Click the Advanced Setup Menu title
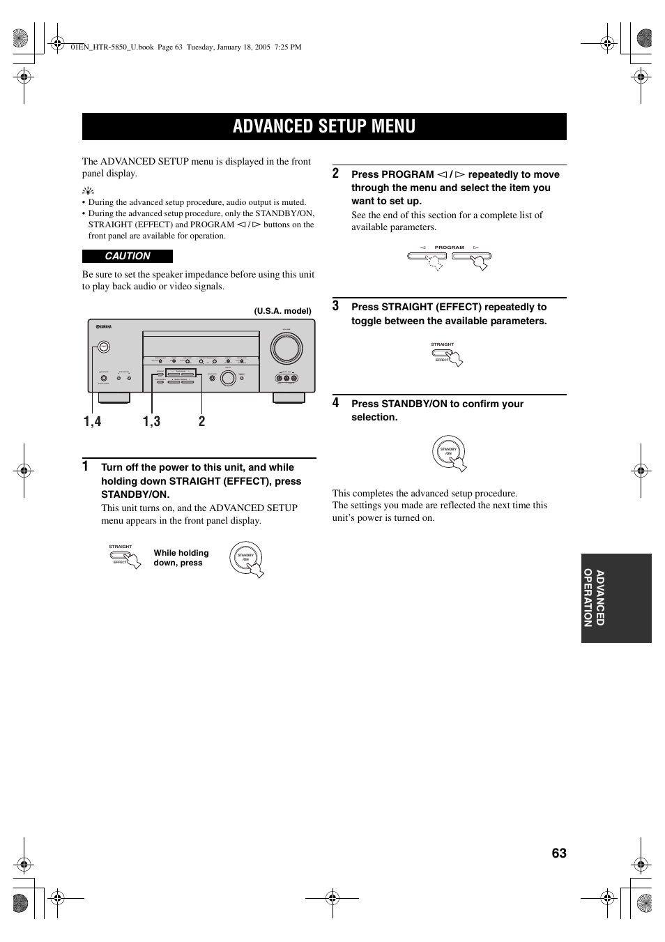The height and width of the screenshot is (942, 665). pos(324,126)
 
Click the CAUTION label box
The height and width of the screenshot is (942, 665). pos(128,256)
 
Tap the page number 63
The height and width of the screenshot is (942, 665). pos(558,853)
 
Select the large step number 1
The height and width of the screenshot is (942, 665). pos(85,466)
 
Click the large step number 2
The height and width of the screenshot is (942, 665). pos(336,173)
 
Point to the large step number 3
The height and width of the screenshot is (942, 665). pos(336,305)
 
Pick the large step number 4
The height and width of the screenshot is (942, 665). pos(336,402)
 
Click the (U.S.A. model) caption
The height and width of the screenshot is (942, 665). pos(282,311)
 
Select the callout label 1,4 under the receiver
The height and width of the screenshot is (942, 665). pos(93,421)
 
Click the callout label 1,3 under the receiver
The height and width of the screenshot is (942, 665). pos(151,421)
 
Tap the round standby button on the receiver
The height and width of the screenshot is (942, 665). pos(103,347)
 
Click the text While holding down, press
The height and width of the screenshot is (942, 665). pos(181,558)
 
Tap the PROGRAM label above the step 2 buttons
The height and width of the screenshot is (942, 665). pos(449,248)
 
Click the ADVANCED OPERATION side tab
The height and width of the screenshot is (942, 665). pos(616,598)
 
